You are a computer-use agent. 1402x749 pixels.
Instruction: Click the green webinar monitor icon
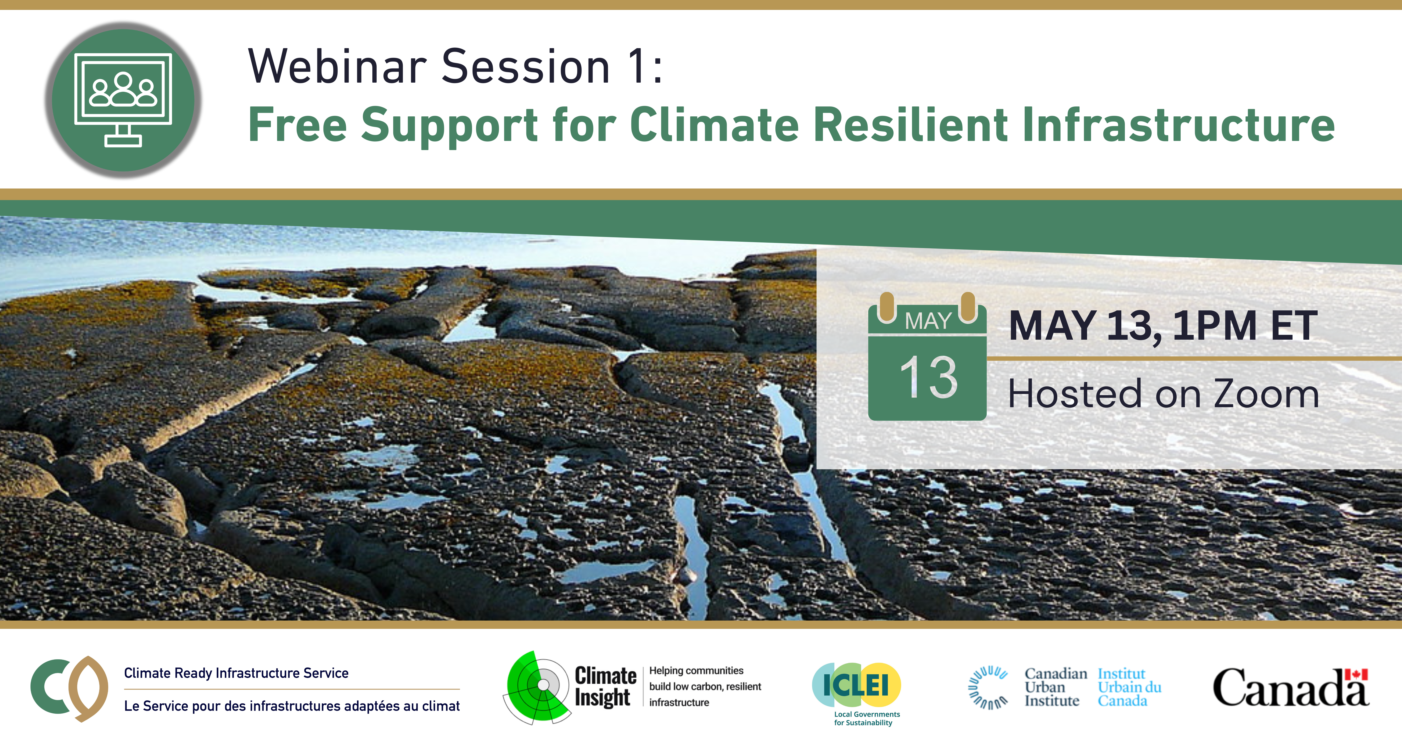point(123,100)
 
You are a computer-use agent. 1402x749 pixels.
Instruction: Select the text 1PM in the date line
point(1215,325)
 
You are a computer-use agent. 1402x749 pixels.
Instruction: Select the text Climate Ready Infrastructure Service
point(236,673)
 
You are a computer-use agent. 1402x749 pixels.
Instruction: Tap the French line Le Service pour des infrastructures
point(292,706)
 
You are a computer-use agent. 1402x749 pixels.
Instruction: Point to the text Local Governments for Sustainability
point(866,719)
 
